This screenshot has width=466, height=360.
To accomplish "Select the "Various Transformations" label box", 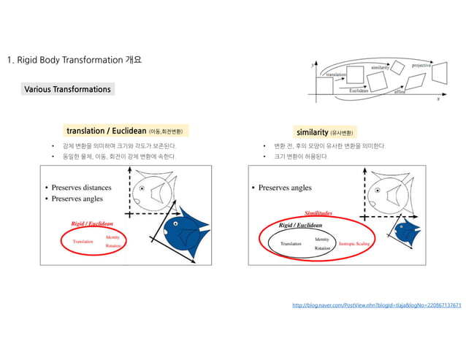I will click(67, 89).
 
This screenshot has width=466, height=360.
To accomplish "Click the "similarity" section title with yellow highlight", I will click(326, 132).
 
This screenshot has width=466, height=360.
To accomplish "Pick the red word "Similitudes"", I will click(318, 213).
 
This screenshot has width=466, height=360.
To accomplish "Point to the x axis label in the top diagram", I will click(438, 97).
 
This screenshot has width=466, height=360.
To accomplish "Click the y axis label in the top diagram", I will click(313, 65).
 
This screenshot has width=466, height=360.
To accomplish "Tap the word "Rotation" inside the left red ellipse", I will click(113, 246).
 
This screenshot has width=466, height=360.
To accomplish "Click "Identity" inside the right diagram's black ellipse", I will click(321, 239).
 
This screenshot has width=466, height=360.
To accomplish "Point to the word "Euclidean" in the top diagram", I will click(359, 91).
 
